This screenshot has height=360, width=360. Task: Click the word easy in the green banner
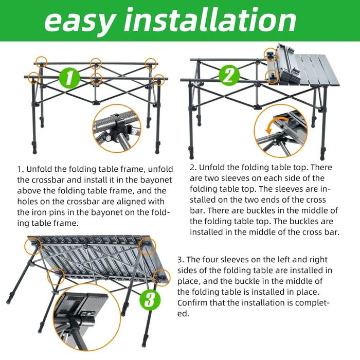[79, 21]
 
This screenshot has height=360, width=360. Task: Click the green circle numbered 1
[69, 78]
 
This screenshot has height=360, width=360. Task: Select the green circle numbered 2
[229, 76]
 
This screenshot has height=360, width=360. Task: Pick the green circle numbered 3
[150, 300]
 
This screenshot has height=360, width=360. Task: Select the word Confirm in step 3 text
[192, 302]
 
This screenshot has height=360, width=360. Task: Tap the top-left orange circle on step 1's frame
[41, 62]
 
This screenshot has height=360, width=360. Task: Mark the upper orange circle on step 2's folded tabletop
[271, 55]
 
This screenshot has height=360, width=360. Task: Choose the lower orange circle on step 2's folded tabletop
[272, 77]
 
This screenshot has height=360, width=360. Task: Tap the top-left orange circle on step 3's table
[33, 246]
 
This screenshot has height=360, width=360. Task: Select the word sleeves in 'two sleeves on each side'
[236, 178]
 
